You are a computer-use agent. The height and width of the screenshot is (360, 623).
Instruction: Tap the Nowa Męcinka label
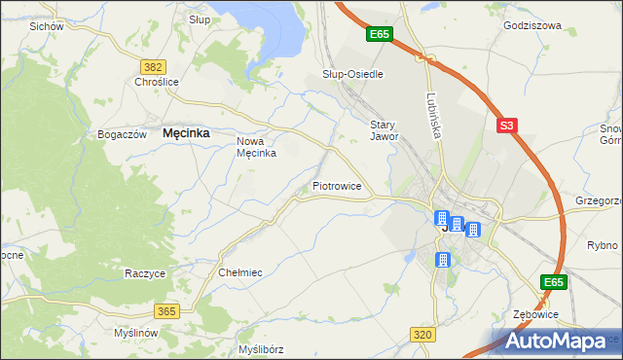(x=258, y=147)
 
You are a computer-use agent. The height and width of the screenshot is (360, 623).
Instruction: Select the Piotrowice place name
(x=337, y=185)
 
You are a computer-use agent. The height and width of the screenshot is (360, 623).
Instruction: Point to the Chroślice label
(x=157, y=83)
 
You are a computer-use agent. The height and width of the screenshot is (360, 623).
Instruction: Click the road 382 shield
(x=152, y=66)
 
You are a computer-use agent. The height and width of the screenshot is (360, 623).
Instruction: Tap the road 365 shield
(x=166, y=310)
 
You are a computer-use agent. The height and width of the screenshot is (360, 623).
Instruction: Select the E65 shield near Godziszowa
(x=379, y=34)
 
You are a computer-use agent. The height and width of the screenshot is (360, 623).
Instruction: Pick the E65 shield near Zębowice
(x=554, y=282)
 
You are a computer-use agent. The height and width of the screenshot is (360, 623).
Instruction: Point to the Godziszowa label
(x=532, y=26)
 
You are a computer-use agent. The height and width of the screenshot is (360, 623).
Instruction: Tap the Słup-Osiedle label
(x=352, y=74)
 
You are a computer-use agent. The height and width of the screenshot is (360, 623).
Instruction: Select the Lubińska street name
(x=433, y=114)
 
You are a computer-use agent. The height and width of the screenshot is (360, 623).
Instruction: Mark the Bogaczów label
(x=123, y=134)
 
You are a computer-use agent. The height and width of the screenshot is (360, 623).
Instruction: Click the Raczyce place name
(x=144, y=273)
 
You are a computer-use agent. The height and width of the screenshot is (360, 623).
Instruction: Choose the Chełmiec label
(x=241, y=273)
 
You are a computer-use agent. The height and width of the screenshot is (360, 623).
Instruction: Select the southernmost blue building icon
(x=443, y=260)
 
